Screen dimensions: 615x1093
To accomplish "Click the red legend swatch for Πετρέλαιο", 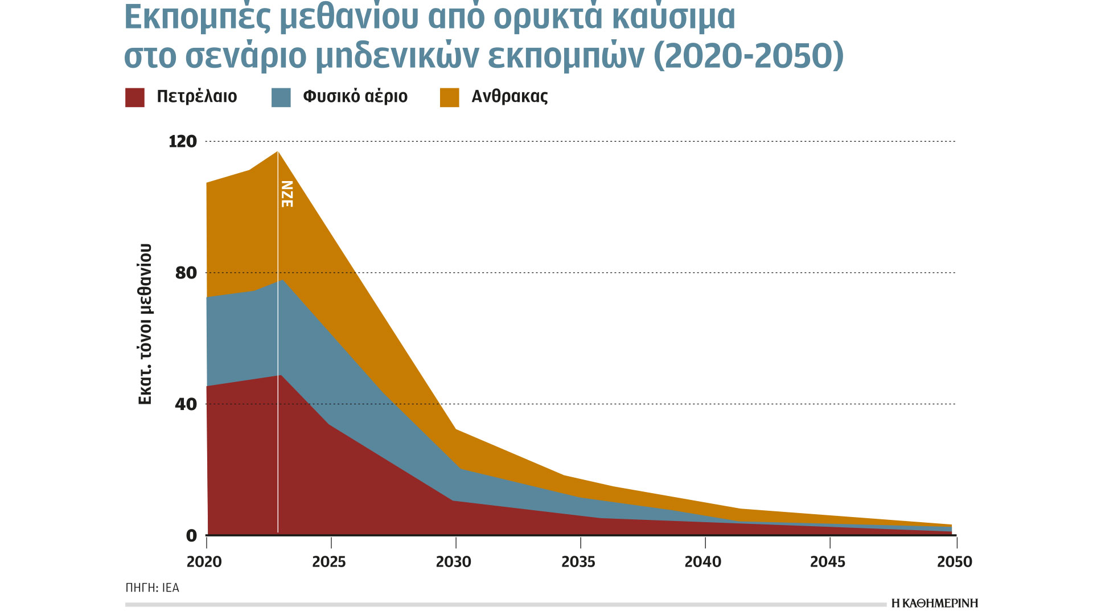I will click(135, 97).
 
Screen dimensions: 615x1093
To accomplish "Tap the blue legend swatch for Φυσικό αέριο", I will click(281, 97).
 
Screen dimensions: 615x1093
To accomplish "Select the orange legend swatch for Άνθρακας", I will click(450, 97).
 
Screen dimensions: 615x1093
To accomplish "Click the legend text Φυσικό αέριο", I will click(355, 96).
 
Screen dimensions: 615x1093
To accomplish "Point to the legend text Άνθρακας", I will click(509, 96).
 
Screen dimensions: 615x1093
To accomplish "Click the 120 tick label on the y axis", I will click(182, 141).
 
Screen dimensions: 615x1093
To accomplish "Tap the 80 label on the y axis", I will click(186, 273).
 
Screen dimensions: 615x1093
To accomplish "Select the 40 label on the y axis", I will click(186, 404).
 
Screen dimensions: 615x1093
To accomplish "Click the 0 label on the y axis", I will click(191, 535).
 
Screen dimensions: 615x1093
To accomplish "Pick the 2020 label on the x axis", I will click(204, 562).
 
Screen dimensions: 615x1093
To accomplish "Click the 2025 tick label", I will click(329, 562).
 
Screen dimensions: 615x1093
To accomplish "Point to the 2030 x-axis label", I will click(454, 562).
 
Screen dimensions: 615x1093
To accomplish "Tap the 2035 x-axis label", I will click(578, 562).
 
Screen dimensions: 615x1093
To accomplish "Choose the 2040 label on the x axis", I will click(703, 562).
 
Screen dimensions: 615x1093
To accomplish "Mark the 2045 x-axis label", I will click(828, 562).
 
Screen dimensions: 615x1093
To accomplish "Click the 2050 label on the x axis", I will click(955, 562).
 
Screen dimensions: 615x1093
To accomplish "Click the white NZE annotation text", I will click(287, 194).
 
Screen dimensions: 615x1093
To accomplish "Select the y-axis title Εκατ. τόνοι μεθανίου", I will click(146, 324).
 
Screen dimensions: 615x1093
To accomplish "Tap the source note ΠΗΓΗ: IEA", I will click(152, 588).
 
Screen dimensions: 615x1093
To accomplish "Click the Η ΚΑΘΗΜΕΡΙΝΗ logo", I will click(934, 603).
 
